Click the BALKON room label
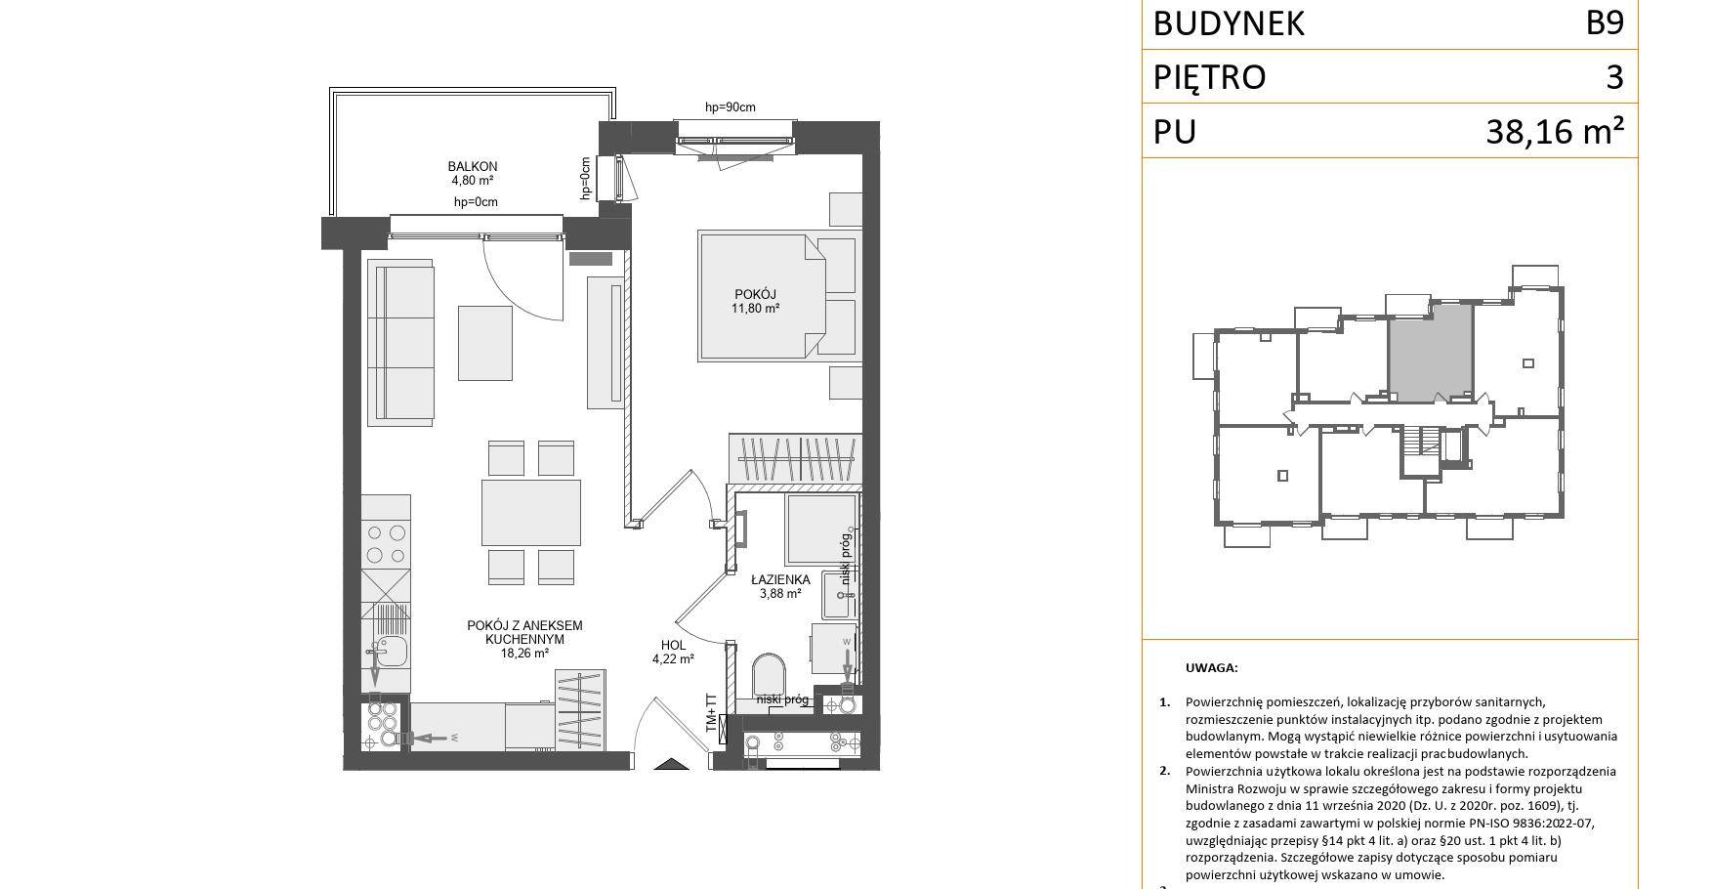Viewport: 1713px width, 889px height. (473, 166)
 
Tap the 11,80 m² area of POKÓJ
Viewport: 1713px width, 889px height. (756, 309)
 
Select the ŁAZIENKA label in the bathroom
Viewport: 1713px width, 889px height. (780, 579)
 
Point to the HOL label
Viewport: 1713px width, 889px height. (673, 645)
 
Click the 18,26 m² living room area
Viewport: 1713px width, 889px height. (524, 654)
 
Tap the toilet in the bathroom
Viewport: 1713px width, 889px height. (769, 675)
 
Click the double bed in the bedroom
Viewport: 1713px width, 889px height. (762, 296)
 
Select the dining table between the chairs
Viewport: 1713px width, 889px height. (531, 512)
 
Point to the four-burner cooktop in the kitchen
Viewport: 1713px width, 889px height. (386, 544)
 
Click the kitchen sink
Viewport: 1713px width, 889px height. (392, 650)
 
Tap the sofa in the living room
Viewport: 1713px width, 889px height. (400, 343)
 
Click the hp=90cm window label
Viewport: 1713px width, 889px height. (731, 107)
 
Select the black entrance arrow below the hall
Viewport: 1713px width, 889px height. (671, 764)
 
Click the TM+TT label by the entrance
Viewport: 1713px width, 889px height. (711, 714)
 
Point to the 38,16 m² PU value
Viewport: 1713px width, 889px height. (1555, 130)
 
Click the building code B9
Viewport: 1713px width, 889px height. (1605, 22)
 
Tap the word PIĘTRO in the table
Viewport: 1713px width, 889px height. (1209, 77)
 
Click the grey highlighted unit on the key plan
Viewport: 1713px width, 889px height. (1431, 352)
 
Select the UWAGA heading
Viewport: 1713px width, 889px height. (1211, 668)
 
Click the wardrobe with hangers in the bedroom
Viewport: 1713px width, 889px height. (795, 459)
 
